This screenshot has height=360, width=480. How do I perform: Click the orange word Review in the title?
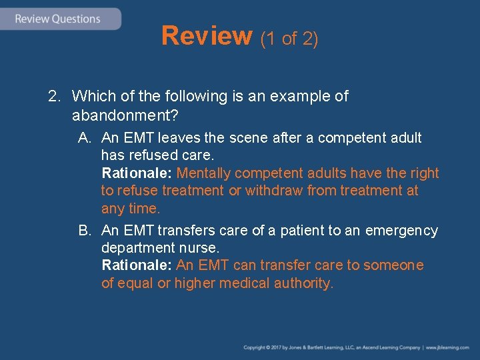pyautogui.click(x=206, y=36)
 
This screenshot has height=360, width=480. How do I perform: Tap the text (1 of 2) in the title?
pyautogui.click(x=289, y=39)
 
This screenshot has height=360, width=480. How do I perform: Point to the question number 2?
pyautogui.click(x=54, y=97)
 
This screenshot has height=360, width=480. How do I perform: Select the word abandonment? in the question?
pyautogui.click(x=125, y=115)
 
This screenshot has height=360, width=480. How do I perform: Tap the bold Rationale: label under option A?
pyautogui.click(x=137, y=173)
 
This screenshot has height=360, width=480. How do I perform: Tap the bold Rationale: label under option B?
pyautogui.click(x=137, y=265)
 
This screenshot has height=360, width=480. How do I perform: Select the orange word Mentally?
pyautogui.click(x=206, y=173)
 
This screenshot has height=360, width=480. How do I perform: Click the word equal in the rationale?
pyautogui.click(x=137, y=283)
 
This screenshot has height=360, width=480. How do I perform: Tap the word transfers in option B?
pyautogui.click(x=188, y=231)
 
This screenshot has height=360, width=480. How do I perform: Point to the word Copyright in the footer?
pyautogui.click(x=255, y=348)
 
